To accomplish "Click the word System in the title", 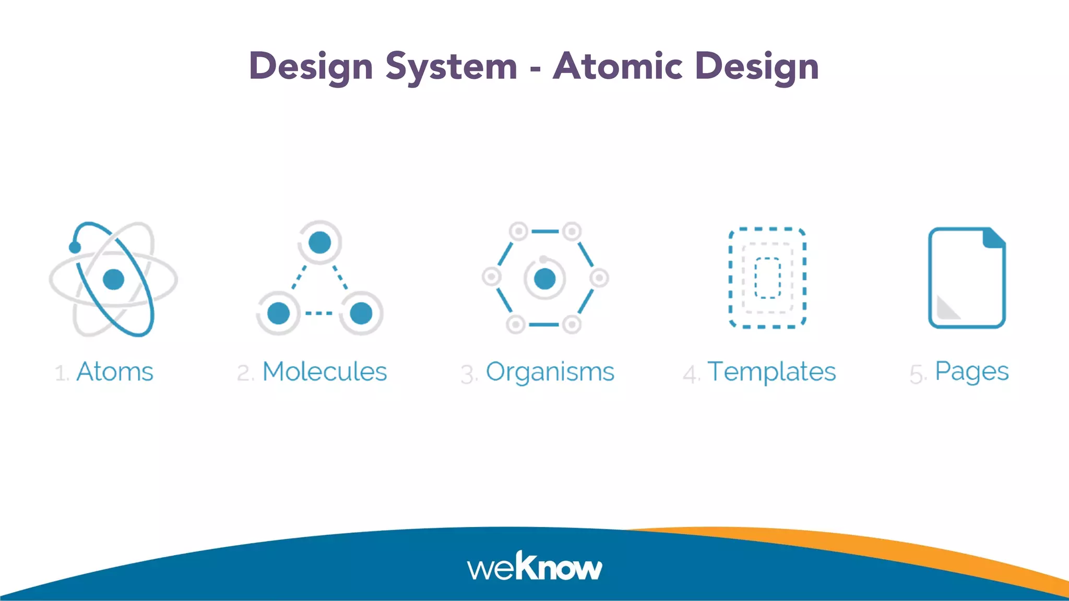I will (x=451, y=67).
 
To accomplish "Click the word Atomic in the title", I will (x=617, y=66).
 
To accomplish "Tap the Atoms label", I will (x=115, y=372).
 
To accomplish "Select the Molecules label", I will (x=324, y=372).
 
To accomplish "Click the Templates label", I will (x=771, y=372).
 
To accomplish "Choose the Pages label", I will (x=971, y=372).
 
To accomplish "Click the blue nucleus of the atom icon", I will (x=113, y=279).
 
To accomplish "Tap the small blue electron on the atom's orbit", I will (x=75, y=247).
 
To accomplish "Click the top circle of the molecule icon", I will (x=319, y=242).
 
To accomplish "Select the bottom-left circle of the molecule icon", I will (x=278, y=313).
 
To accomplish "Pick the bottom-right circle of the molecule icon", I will (x=361, y=313).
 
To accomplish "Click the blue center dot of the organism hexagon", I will (x=544, y=279).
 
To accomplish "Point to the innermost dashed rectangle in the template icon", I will (x=767, y=278).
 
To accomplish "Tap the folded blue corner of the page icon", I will (x=993, y=238).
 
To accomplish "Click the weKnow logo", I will (x=534, y=567).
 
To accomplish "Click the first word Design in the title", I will (x=311, y=67).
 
